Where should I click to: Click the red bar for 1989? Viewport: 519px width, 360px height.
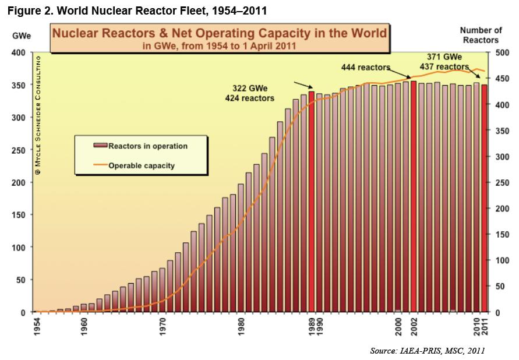(312, 201)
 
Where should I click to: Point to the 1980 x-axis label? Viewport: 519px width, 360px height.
(241, 324)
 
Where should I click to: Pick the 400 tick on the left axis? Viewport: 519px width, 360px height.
(19, 52)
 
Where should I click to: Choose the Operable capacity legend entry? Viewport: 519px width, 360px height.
(141, 165)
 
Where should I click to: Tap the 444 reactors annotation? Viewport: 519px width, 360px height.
(365, 68)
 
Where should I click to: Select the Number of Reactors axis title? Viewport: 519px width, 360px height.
(481, 35)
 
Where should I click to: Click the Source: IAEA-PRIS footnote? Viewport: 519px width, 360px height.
(427, 350)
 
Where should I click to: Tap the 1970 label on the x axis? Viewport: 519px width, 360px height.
(163, 324)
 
